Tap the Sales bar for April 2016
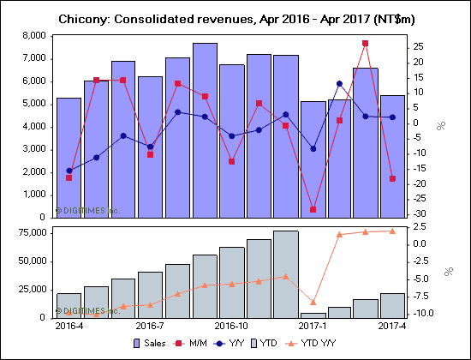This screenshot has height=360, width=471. (69, 154)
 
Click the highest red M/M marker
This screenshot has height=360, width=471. (366, 43)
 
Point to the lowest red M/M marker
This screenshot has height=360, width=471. (313, 209)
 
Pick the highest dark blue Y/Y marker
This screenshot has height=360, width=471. (339, 83)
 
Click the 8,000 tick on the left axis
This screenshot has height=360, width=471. (33, 35)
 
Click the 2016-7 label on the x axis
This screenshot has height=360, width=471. (149, 327)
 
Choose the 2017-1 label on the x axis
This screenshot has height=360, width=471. (313, 327)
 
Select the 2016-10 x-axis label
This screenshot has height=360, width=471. (231, 327)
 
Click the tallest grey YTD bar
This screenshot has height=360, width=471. (286, 274)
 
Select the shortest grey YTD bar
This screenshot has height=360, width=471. (313, 315)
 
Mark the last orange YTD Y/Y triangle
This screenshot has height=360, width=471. (393, 231)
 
